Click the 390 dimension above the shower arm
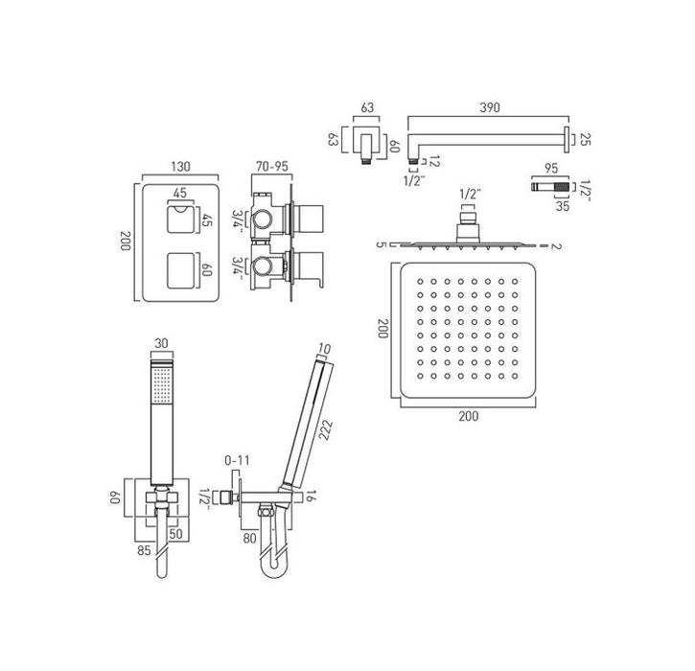[x=489, y=107]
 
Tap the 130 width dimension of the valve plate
[x=180, y=167]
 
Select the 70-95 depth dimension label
[x=271, y=167]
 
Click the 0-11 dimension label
[x=237, y=461]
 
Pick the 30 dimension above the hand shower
[x=162, y=343]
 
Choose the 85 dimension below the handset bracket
[x=145, y=551]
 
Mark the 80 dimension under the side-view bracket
[x=249, y=538]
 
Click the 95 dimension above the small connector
[x=551, y=169]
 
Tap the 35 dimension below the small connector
[x=563, y=206]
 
